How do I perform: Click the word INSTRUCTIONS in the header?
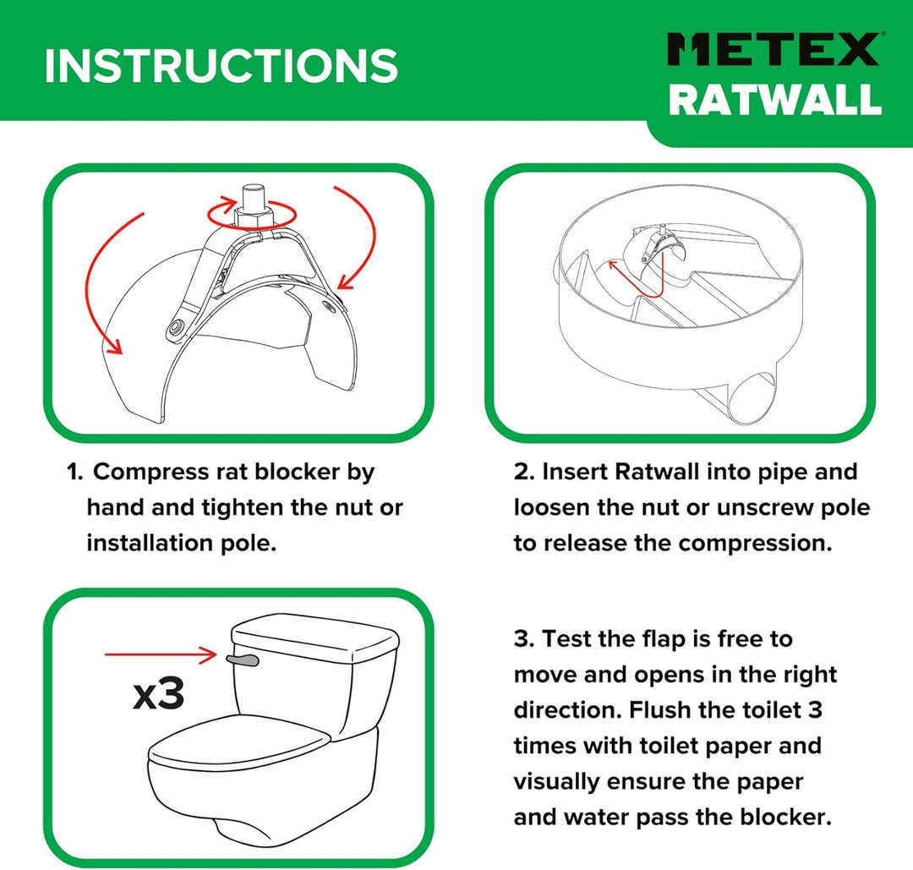(221, 65)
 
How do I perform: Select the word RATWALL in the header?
(775, 99)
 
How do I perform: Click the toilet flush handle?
(243, 657)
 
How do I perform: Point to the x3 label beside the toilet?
(158, 694)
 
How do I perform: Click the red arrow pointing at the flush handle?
(161, 654)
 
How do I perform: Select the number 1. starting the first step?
(75, 472)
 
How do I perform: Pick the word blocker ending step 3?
(790, 818)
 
